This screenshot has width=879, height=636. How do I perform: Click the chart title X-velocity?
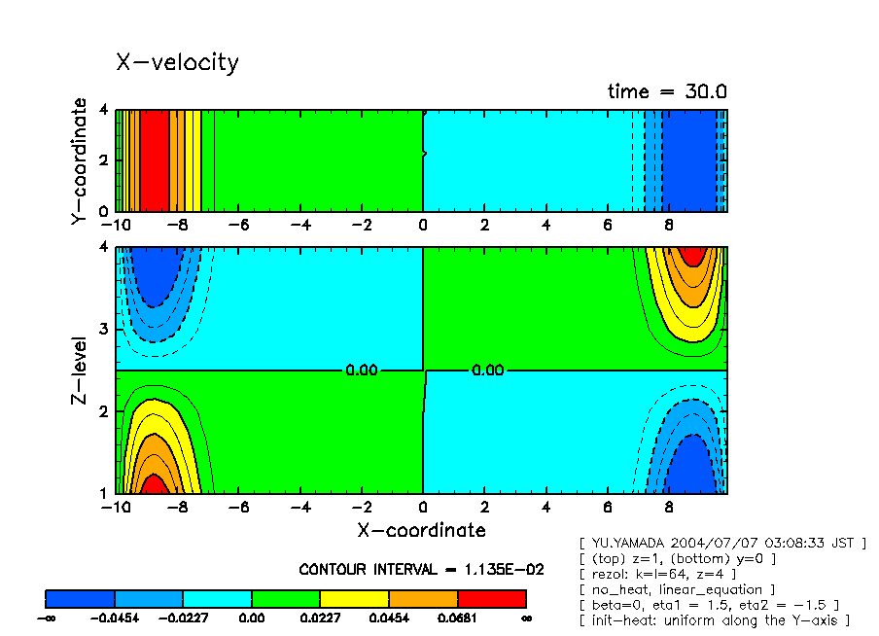pos(177,63)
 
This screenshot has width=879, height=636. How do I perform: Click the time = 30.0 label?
pos(667,92)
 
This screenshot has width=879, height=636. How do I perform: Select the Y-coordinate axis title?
pos(81,160)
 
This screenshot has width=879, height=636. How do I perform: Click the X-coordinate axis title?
pos(421,531)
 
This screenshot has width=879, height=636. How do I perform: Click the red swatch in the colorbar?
pos(492,598)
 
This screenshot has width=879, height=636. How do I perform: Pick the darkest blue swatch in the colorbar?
pos(81,598)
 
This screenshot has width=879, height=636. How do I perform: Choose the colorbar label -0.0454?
pos(115,618)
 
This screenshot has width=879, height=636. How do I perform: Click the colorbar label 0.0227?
pos(320,618)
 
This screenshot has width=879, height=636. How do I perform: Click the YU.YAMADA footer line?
pos(721,543)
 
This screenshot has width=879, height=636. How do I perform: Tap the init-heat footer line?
pos(714,620)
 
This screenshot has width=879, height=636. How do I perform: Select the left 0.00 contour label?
pos(362,371)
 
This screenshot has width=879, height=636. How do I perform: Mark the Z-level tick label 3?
pos(105,330)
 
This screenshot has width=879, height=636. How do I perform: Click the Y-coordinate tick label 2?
pos(105,160)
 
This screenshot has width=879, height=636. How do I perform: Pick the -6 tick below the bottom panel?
pos(239,508)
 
